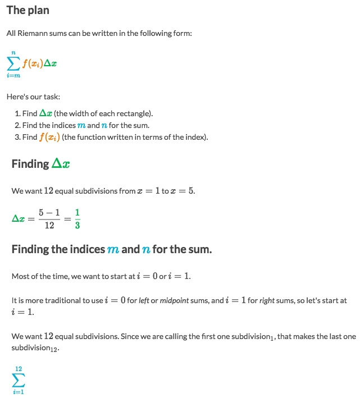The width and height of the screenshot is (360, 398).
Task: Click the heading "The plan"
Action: click(28, 11)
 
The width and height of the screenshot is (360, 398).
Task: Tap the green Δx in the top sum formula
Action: click(51, 63)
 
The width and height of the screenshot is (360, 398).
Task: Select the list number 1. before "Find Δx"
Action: click(18, 114)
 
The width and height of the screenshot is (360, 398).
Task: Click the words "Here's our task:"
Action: click(33, 97)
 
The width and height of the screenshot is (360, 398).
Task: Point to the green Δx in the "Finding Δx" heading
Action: click(61, 164)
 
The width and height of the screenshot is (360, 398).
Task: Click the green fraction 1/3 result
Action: click(78, 218)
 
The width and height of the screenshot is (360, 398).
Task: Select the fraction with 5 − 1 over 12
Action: click(49, 218)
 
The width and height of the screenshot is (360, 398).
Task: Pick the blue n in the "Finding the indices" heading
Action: click(146, 250)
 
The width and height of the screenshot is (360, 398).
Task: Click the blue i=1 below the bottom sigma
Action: click(18, 391)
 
